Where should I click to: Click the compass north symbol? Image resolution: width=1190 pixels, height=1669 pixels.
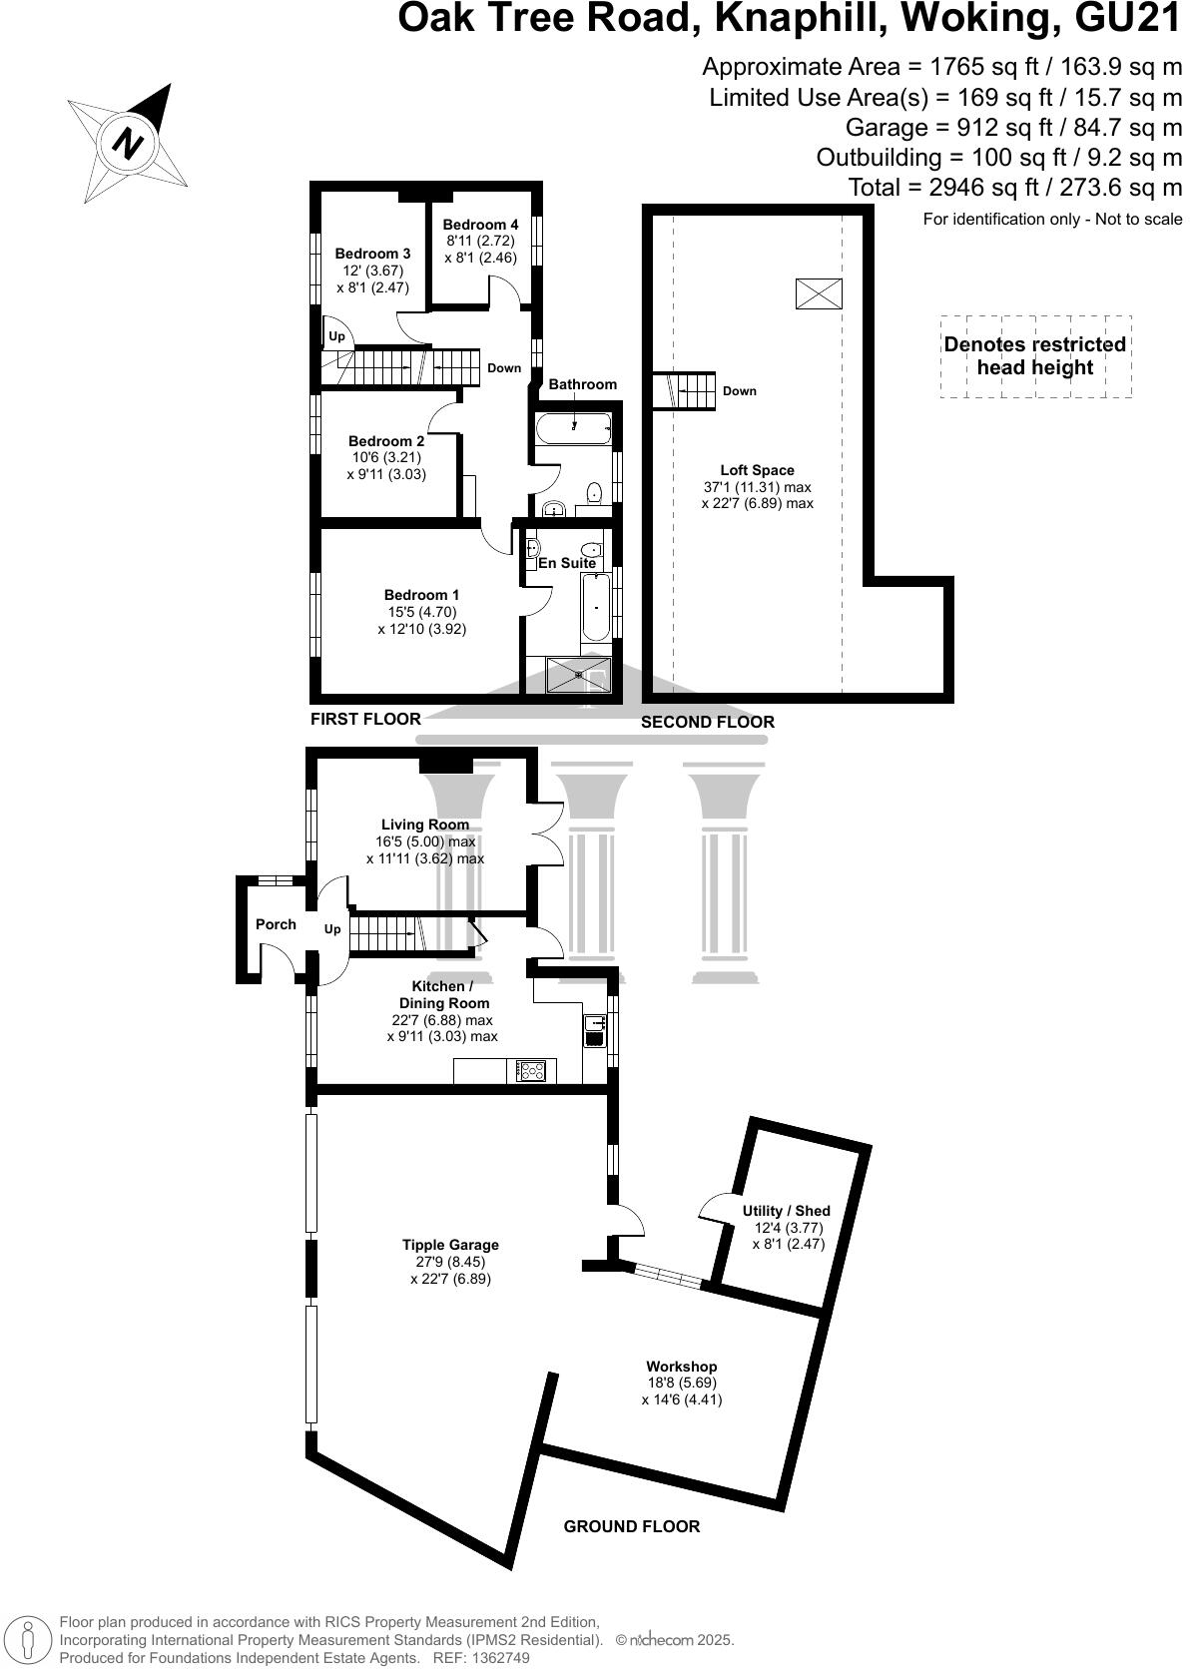pyautogui.click(x=128, y=142)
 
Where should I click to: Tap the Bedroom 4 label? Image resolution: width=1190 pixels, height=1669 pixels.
pyautogui.click(x=480, y=225)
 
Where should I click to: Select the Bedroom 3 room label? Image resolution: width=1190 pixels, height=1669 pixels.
pyautogui.click(x=372, y=254)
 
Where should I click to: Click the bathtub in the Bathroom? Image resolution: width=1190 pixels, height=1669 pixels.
pyautogui.click(x=573, y=427)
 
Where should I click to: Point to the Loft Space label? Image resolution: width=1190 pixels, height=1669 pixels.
pyautogui.click(x=757, y=470)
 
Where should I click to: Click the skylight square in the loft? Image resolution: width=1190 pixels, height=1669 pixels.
pyautogui.click(x=819, y=293)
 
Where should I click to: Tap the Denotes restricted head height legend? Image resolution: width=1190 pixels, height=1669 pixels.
pyautogui.click(x=1035, y=356)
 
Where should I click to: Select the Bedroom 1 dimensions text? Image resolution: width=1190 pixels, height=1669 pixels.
pyautogui.click(x=421, y=621)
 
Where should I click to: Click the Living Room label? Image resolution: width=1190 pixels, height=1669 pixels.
pyautogui.click(x=424, y=825)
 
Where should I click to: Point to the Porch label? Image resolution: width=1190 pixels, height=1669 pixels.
pyautogui.click(x=276, y=924)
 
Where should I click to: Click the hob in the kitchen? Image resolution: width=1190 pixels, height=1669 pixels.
pyautogui.click(x=531, y=1071)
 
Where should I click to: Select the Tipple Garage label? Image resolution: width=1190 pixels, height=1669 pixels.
pyautogui.click(x=450, y=1245)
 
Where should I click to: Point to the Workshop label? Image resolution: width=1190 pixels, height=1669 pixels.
pyautogui.click(x=681, y=1366)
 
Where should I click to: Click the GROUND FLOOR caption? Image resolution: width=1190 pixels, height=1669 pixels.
pyautogui.click(x=631, y=1526)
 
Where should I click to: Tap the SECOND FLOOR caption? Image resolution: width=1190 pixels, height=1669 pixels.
pyautogui.click(x=707, y=722)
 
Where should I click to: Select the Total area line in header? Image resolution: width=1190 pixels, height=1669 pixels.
pyautogui.click(x=1014, y=187)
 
